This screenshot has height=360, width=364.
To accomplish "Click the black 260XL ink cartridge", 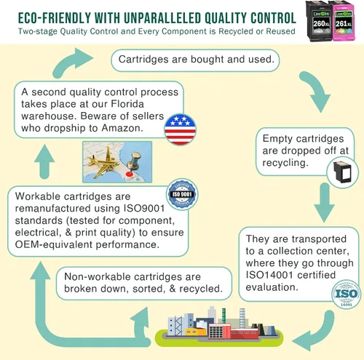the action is [x=318, y=21].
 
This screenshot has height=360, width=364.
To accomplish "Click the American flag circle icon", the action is [x=180, y=129].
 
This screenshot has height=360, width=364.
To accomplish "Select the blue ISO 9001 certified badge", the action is [x=182, y=194].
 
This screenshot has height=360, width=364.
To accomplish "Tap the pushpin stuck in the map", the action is [x=132, y=162].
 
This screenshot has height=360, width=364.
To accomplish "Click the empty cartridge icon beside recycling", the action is [x=343, y=172].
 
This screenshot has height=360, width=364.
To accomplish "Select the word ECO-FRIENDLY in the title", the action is [x=54, y=18].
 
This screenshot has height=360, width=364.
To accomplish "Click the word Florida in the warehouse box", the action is [x=127, y=104].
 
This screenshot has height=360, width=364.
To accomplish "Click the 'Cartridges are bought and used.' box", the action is [x=195, y=60].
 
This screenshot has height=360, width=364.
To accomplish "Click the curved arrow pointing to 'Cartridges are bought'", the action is [x=71, y=63].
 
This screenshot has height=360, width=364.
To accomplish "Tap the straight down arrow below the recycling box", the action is [x=324, y=203].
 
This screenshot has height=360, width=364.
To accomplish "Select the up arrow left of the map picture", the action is [x=44, y=162].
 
